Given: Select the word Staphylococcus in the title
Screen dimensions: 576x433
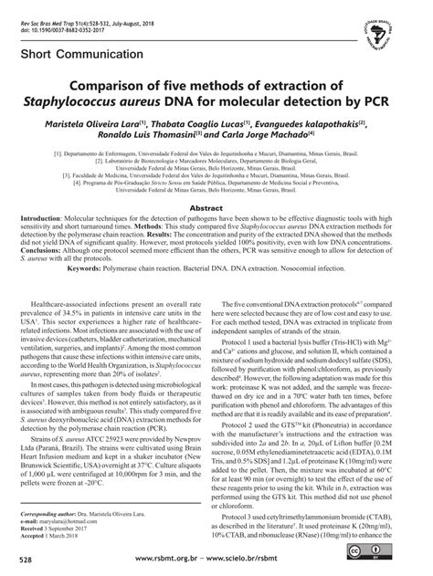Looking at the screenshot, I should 120,101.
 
